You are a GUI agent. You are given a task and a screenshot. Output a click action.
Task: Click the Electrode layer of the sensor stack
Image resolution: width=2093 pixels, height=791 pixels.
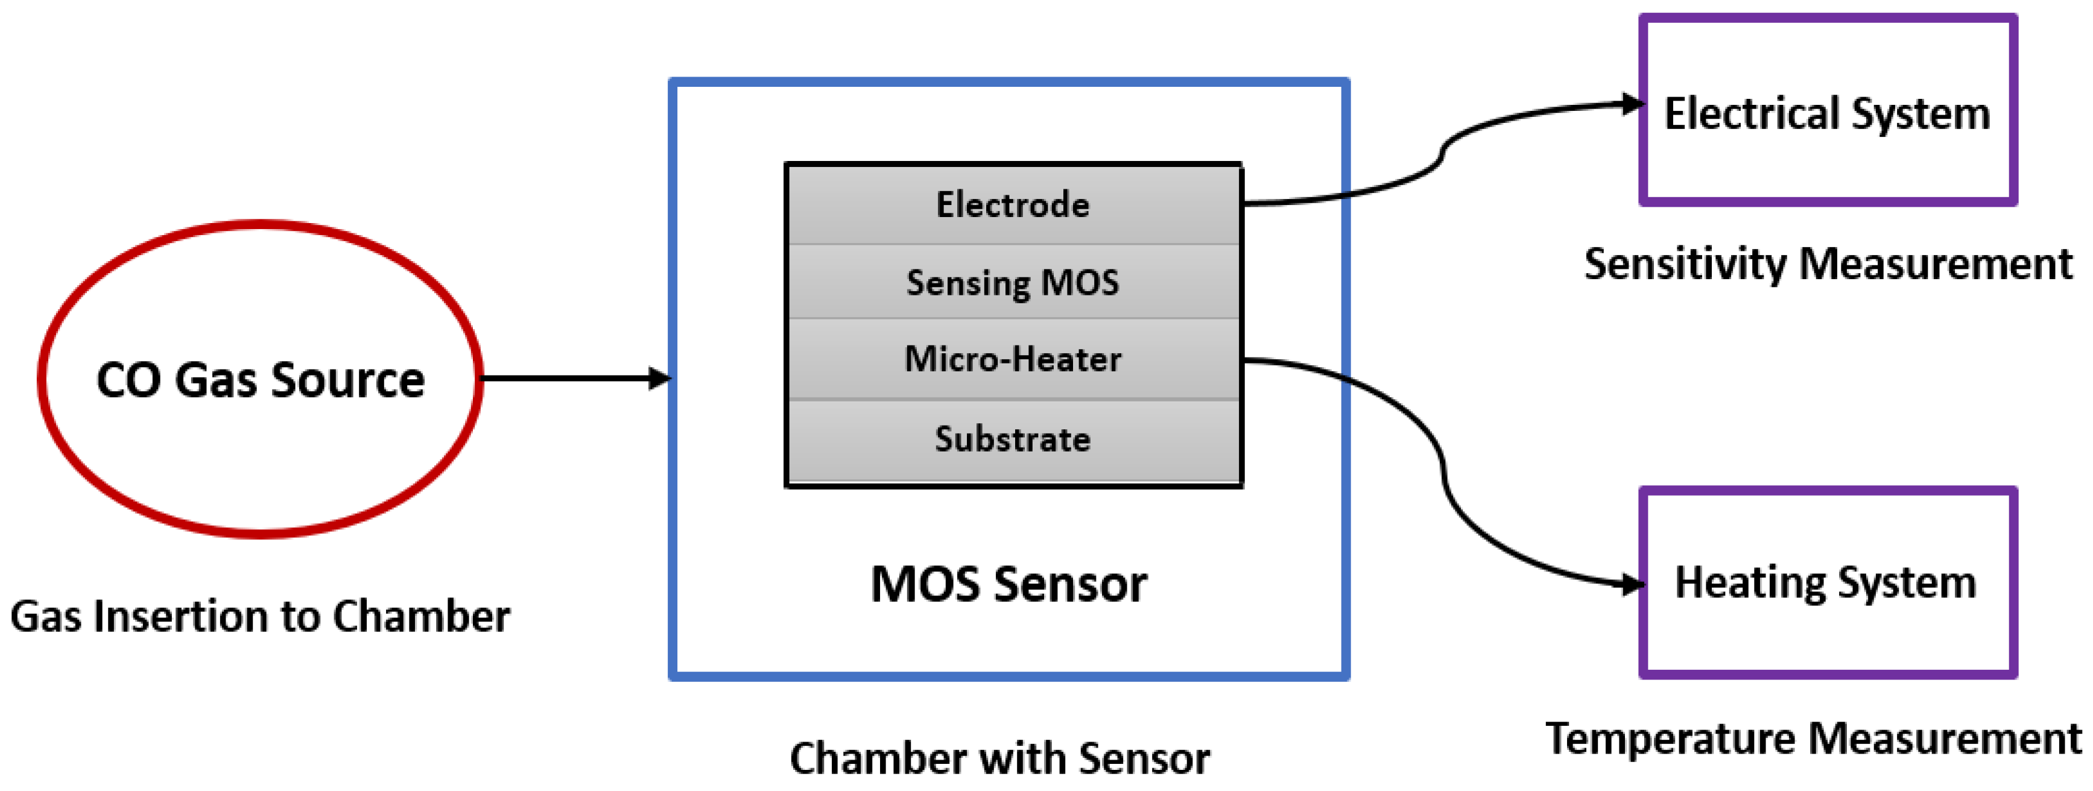pos(1012,204)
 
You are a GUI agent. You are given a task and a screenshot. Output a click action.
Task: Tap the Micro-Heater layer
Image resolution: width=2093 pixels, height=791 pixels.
pos(1012,359)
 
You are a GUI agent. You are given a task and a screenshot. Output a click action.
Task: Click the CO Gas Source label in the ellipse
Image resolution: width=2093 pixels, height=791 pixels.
pos(260,379)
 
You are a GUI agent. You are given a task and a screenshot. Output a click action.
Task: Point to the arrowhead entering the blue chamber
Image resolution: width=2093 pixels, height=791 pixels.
pos(660,379)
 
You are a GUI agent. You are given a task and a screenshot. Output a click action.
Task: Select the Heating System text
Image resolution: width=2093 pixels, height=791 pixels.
pos(1825,582)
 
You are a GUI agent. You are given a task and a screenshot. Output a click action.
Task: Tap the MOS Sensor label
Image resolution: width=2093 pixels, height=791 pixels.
pos(1009,584)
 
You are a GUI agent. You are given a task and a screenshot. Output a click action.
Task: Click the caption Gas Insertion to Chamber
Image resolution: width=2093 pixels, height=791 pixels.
pos(260,616)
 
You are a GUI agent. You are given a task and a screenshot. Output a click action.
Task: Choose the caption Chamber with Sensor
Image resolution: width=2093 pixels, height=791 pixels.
pos(999,758)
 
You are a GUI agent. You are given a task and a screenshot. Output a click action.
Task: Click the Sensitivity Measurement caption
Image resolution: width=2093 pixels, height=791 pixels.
pos(1828,264)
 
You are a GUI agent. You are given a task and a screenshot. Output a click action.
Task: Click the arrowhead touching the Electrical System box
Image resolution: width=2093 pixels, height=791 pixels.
pos(1632,104)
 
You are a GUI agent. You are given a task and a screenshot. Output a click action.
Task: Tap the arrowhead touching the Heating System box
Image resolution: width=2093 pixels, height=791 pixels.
pos(1632,584)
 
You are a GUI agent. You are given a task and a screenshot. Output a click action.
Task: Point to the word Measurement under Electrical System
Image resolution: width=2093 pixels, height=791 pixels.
pos(1936,264)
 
